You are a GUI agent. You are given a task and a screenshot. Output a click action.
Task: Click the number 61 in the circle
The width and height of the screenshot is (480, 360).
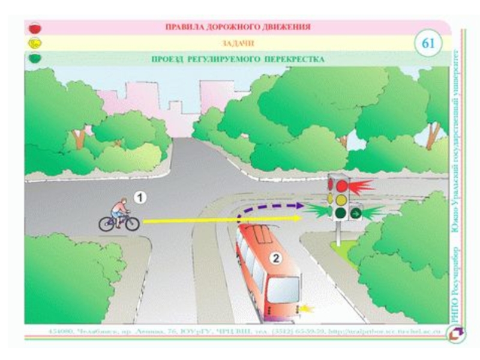428,43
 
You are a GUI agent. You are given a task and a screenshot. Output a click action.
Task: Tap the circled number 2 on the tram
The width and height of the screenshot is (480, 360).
275,259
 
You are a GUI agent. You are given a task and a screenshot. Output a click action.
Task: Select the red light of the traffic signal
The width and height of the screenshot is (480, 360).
341,186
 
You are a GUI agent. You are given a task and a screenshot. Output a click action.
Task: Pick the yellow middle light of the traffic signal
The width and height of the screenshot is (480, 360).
341,199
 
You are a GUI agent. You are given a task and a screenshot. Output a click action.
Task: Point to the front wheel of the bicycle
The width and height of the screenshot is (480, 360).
131,224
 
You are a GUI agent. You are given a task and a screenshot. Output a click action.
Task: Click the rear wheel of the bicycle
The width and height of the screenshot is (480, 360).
107,224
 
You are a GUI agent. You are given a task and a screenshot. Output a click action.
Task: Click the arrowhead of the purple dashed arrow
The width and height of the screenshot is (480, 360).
299,206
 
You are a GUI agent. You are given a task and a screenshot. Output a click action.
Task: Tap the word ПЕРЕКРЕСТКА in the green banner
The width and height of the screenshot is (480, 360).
295,59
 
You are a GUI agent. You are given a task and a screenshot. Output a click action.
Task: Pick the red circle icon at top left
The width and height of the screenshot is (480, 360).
35,28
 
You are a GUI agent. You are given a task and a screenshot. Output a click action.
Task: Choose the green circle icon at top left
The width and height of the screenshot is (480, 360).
35,59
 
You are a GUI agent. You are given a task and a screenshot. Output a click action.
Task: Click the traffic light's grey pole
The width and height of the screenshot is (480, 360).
338,235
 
